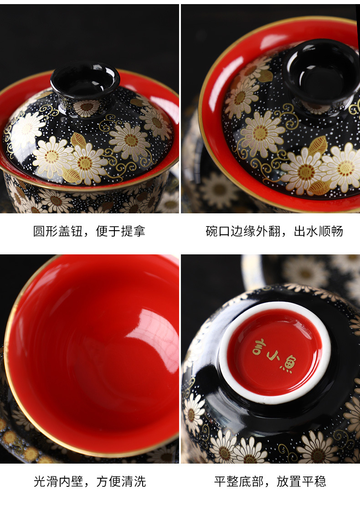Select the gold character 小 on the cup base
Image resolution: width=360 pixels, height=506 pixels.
pos(273,356)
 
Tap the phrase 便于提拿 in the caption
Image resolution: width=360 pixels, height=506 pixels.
pos(121,231)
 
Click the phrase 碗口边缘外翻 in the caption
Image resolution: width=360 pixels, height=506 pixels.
pos(243,231)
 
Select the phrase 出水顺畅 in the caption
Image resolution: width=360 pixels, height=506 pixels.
pos(319,231)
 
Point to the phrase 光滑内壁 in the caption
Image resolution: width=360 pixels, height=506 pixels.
pos(58,481)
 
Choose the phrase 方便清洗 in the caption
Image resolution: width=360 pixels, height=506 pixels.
pos(121,481)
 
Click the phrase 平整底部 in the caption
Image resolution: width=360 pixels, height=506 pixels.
pos(239,481)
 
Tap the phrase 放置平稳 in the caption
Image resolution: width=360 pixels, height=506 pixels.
pos(301,481)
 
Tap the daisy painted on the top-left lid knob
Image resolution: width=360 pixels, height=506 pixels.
pos(87,108)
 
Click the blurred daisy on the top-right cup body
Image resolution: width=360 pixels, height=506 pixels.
pos(219,189)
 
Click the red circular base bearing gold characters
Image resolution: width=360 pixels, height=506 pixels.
pos(274,353)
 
